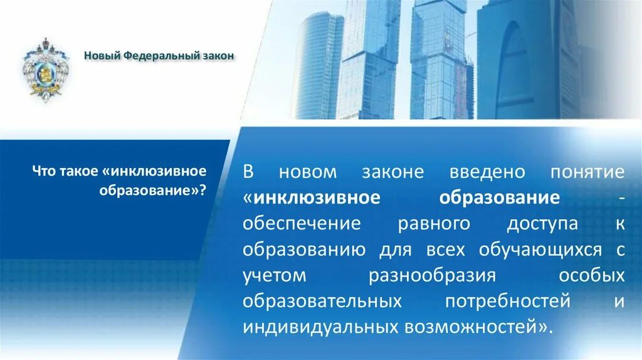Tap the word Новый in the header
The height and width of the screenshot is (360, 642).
(x=102, y=56)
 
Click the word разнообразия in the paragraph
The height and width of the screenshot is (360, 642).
(x=433, y=275)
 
